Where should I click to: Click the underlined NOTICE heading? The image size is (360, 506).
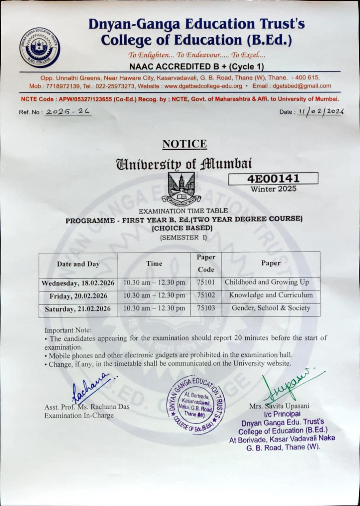tap(184, 144)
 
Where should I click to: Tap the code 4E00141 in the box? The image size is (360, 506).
tap(273, 178)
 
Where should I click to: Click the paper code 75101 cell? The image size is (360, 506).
tap(206, 283)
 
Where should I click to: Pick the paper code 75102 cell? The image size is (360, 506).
tap(206, 295)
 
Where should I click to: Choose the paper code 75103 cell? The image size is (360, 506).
tap(206, 308)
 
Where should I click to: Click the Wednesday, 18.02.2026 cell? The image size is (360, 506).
tap(78, 283)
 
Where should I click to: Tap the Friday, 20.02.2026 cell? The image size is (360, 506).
tap(78, 296)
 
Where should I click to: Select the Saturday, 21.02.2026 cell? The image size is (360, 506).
tap(78, 309)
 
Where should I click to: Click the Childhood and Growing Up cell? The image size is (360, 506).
tap(267, 282)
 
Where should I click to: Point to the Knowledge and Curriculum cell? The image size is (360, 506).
tap(271, 295)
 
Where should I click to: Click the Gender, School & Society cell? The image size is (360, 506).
tap(271, 308)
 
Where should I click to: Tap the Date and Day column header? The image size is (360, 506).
tap(78, 264)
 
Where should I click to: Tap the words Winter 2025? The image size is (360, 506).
tap(273, 189)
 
